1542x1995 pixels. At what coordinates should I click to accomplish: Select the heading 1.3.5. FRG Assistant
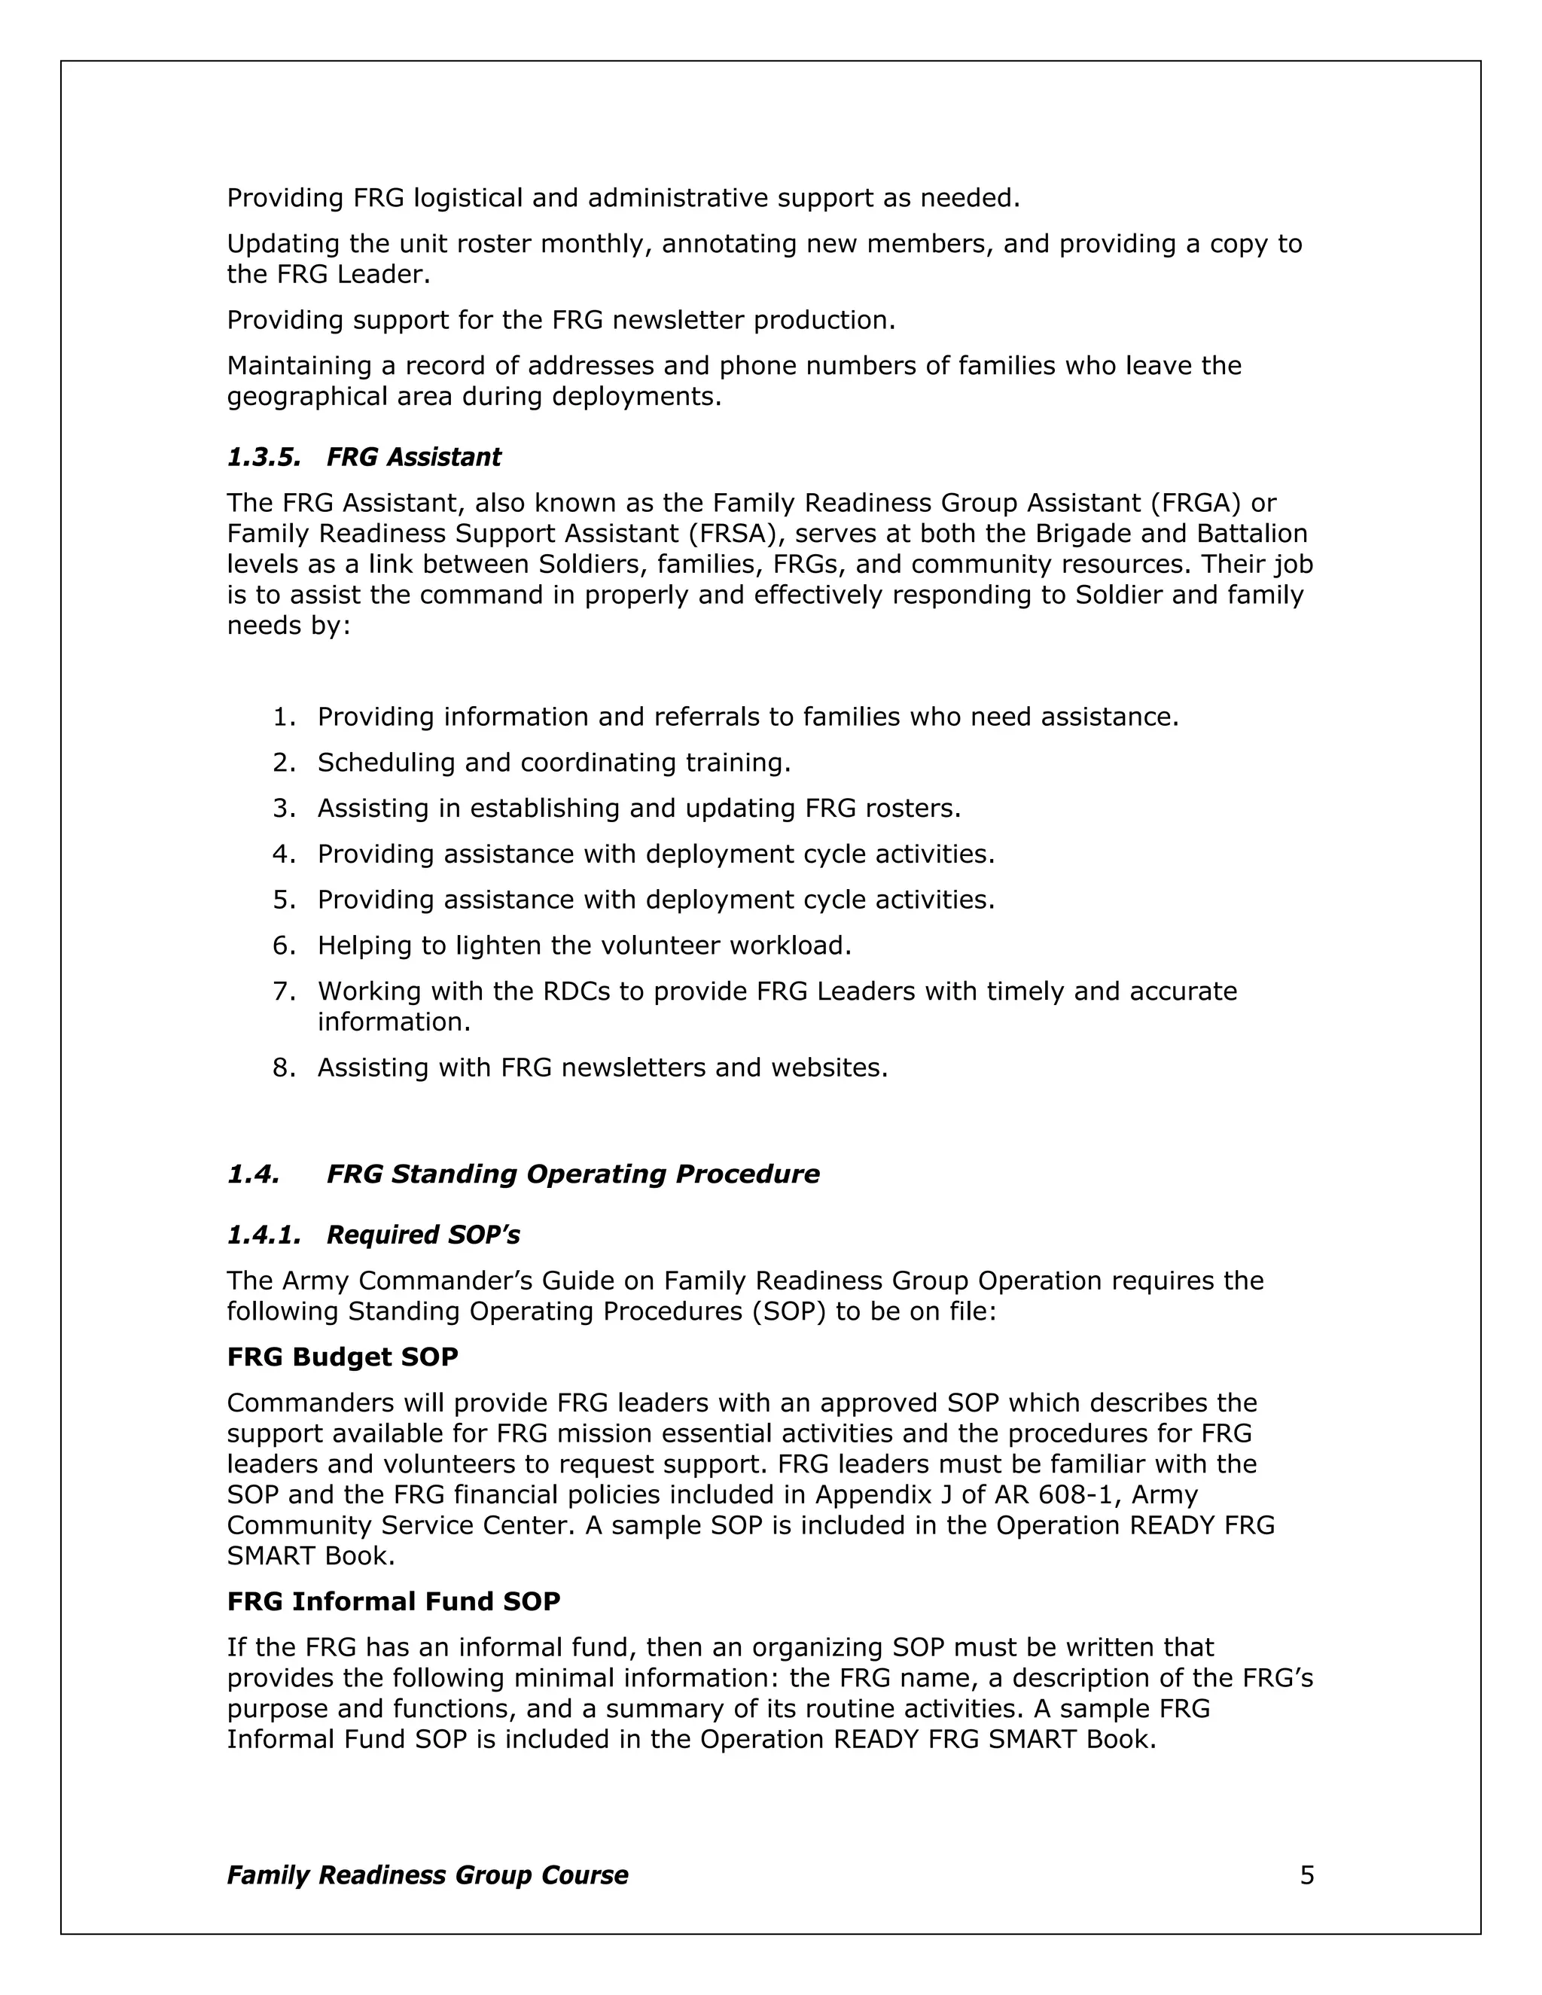point(364,457)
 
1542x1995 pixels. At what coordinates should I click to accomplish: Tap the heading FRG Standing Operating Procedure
point(573,1174)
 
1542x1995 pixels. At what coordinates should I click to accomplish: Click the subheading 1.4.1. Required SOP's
point(373,1235)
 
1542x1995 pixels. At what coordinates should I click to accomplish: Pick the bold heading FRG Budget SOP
point(342,1357)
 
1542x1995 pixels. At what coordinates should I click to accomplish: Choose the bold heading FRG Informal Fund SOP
point(393,1601)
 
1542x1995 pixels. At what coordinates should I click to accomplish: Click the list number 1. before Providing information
point(284,717)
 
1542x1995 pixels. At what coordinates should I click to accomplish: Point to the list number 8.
point(284,1068)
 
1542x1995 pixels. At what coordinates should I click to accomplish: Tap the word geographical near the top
point(307,397)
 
